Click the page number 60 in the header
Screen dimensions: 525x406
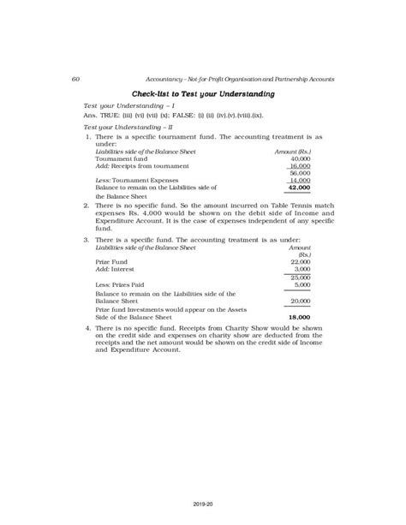click(76, 79)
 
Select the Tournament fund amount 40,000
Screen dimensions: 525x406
click(300, 158)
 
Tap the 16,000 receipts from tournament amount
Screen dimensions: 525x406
click(300, 165)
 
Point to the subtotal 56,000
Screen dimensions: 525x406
click(300, 173)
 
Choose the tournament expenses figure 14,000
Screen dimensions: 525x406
click(300, 180)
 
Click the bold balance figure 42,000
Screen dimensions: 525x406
click(299, 187)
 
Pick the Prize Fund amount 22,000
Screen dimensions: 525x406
click(299, 261)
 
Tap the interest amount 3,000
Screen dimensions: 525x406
click(301, 269)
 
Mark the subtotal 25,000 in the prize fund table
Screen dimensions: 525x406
click(299, 277)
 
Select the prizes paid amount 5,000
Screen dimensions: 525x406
click(301, 285)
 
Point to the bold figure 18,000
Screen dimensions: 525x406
click(299, 317)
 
